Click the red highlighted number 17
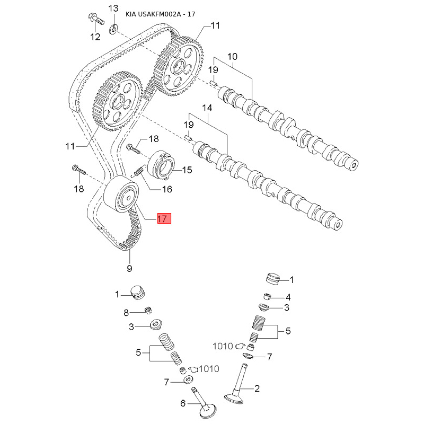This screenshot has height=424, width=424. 163,218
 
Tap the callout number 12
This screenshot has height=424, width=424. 95,37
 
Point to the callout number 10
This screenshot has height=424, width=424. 233,57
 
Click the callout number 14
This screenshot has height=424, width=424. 207,108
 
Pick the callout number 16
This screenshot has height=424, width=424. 167,189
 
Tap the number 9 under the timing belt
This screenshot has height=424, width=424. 129,268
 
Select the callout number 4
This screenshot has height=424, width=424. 288,297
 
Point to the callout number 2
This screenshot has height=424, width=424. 257,389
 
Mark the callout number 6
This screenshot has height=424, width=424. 183,403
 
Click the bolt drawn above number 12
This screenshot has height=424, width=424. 95,20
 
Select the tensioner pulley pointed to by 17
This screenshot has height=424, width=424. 121,196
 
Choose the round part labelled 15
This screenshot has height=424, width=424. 162,165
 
